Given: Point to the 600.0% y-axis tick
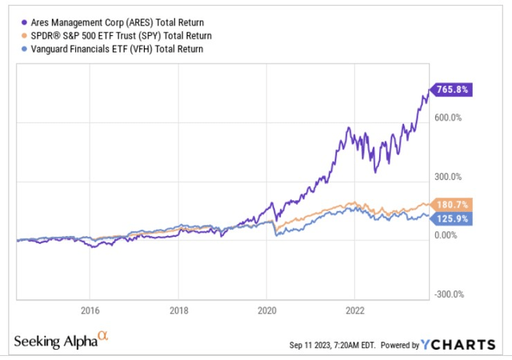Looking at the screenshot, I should pyautogui.click(x=448, y=118).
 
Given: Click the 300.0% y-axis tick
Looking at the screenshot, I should pyautogui.click(x=448, y=177).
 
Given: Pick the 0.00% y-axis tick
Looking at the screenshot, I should pyautogui.click(x=446, y=235).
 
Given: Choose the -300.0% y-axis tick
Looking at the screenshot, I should pyautogui.click(x=448, y=294).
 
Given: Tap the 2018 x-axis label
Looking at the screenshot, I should pyautogui.click(x=179, y=310).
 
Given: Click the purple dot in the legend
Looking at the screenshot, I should pyautogui.click(x=20, y=22).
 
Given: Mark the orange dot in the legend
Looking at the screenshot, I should pyautogui.click(x=20, y=36).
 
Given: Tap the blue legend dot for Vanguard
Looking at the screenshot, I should pyautogui.click(x=20, y=49).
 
